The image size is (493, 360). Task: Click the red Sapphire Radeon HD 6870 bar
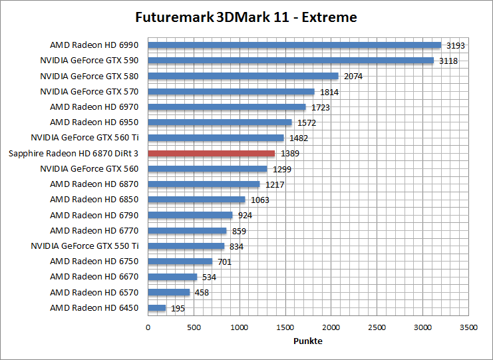(211, 153)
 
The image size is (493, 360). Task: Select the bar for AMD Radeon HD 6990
(294, 45)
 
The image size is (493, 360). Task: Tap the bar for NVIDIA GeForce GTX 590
(291, 61)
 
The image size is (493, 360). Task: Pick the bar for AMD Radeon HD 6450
(156, 307)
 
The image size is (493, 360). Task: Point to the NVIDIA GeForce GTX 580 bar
(243, 76)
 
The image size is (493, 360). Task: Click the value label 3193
(456, 46)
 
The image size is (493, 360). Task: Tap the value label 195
(178, 308)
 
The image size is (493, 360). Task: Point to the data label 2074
(353, 77)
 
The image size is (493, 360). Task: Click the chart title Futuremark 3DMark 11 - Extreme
(246, 17)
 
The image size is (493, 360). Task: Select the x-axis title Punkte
(308, 341)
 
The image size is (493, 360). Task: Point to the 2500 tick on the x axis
(377, 327)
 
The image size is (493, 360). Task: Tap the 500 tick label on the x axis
(194, 327)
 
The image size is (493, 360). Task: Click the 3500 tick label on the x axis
(468, 327)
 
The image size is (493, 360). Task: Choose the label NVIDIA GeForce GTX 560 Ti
(85, 138)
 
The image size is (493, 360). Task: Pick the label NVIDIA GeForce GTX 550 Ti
(85, 246)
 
